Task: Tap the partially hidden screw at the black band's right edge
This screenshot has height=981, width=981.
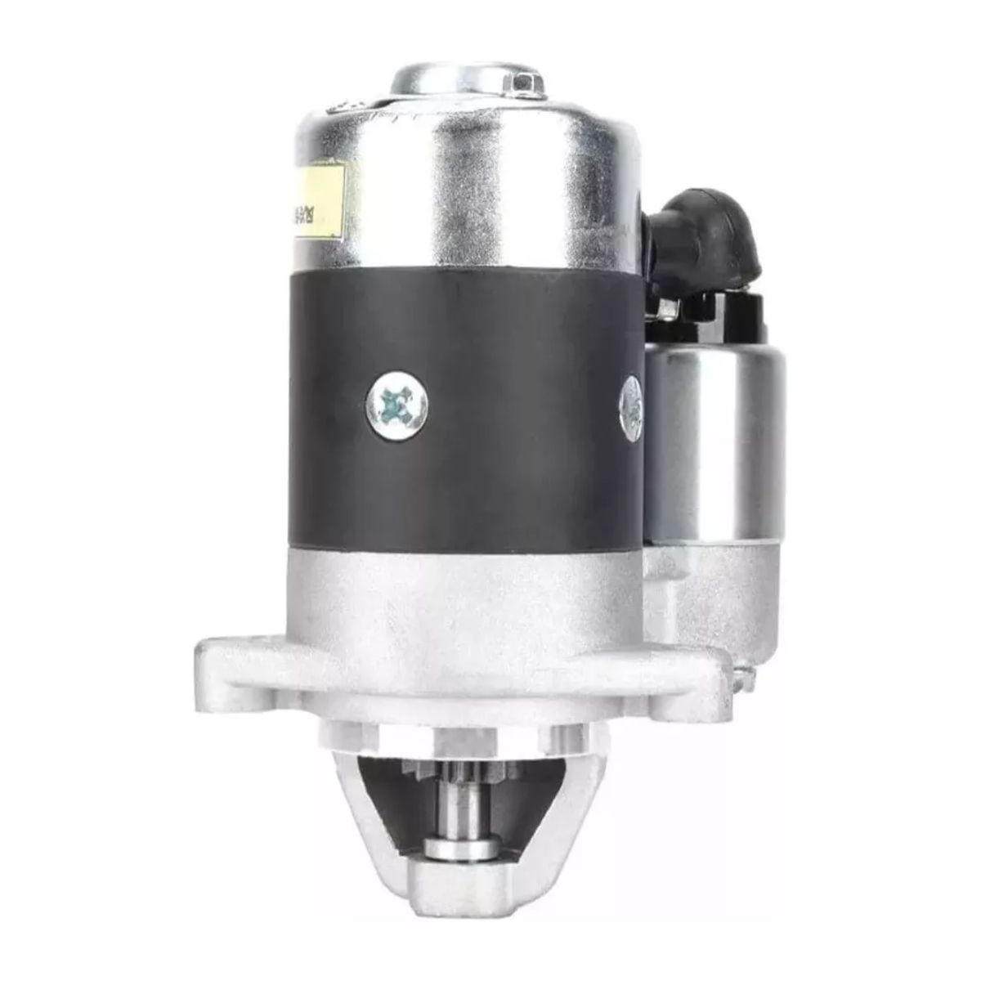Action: tap(632, 400)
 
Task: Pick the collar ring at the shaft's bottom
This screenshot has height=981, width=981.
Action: tap(464, 849)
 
